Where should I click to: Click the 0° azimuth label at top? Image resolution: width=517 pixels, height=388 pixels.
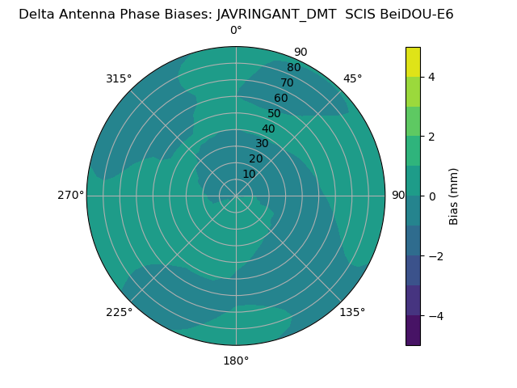[236, 31]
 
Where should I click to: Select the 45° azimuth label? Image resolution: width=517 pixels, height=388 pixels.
[352, 78]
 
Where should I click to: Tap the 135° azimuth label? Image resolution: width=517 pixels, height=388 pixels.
[352, 312]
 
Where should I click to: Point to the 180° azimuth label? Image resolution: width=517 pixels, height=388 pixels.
[236, 361]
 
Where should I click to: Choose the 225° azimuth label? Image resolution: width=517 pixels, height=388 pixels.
[119, 312]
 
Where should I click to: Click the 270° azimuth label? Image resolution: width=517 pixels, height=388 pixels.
[70, 196]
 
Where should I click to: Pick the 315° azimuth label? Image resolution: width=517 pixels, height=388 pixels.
[119, 78]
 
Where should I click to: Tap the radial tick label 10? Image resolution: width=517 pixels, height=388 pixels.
[249, 174]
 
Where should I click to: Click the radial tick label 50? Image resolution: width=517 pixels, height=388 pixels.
[274, 114]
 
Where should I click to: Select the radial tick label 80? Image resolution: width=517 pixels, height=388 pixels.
[293, 68]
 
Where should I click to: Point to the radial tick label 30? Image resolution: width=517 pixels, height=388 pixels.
[262, 144]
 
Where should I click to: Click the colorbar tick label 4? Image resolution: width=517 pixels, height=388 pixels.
[431, 77]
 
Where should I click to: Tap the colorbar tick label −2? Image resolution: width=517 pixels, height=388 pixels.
[435, 256]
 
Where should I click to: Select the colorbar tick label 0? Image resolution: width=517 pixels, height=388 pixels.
[431, 196]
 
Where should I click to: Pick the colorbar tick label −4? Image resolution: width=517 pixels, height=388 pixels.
[435, 316]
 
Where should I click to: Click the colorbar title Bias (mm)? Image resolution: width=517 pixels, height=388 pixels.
[454, 196]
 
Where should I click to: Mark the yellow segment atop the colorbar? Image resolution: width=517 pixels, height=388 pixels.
[413, 61]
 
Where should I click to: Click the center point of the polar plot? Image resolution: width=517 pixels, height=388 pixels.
[236, 196]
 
